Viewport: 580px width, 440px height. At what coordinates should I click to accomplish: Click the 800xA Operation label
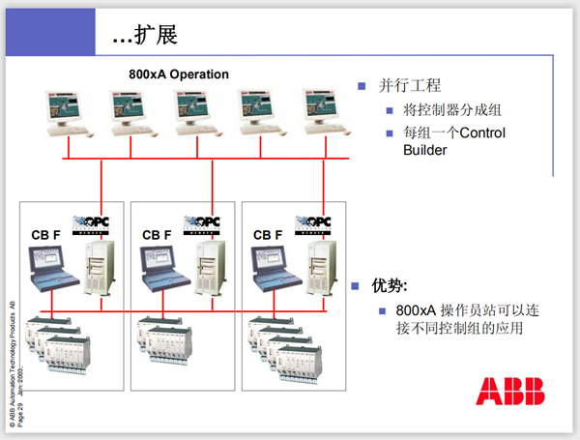179,74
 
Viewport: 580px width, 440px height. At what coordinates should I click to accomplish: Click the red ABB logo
509,391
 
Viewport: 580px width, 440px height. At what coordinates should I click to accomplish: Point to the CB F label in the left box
44,235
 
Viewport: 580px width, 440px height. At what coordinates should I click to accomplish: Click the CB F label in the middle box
156,235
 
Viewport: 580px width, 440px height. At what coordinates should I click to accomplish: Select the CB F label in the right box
267,235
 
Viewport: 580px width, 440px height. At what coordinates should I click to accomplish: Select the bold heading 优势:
391,286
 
